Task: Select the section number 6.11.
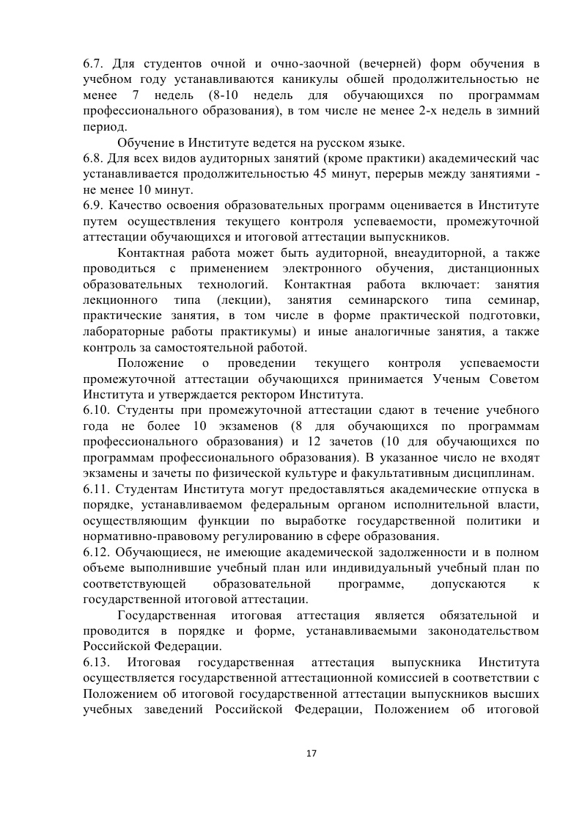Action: (97, 489)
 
